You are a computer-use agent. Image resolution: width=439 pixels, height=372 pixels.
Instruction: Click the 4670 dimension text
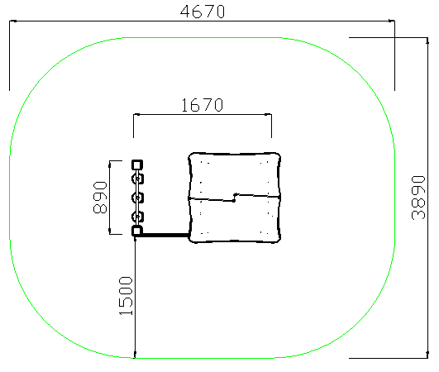coord(203,12)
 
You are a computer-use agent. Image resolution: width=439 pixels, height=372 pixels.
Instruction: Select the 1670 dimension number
coord(203,105)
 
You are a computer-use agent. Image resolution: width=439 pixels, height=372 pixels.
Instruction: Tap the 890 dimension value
coord(100,198)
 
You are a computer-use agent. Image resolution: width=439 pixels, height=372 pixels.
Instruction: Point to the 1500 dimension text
coord(126,296)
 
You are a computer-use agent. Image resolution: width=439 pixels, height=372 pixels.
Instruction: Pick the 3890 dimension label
coord(418,198)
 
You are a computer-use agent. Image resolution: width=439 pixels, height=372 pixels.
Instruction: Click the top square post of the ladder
coord(137,165)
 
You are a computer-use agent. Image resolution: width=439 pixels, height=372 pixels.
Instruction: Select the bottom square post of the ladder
coord(137,231)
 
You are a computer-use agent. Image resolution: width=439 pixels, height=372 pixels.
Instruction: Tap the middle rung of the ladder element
coord(137,198)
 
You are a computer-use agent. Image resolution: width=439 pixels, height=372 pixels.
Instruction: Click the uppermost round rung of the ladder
coord(137,179)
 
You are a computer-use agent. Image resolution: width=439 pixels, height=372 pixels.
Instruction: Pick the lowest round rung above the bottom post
coord(137,217)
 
